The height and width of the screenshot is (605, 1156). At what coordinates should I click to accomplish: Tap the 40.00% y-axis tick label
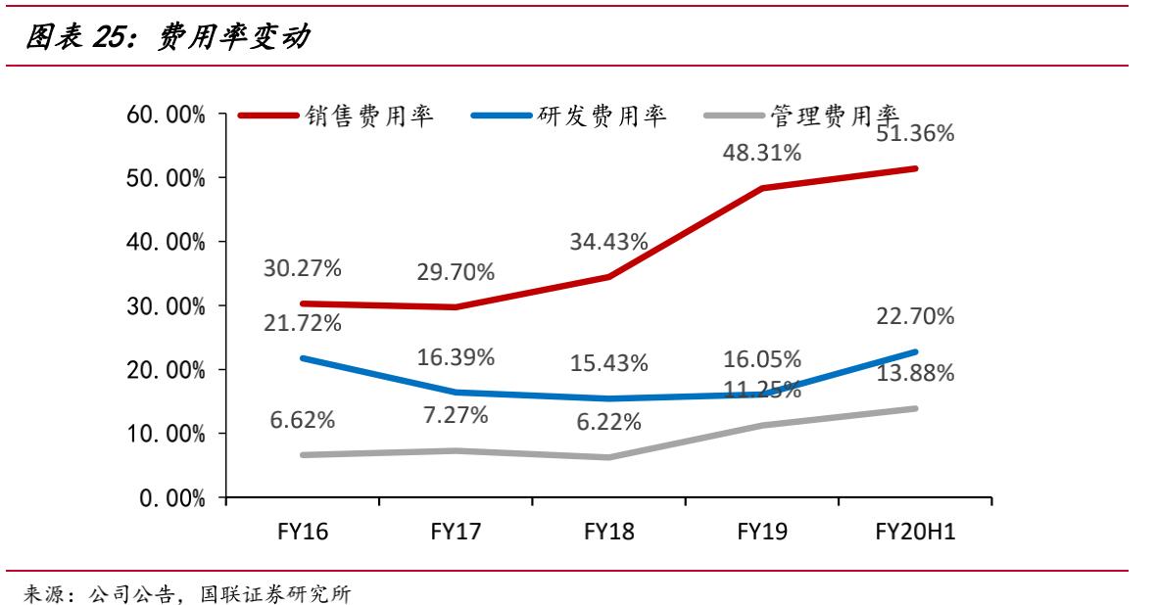(x=166, y=242)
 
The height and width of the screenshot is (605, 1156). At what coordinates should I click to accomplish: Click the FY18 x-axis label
(x=609, y=533)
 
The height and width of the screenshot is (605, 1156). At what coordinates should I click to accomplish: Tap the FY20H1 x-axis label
(x=915, y=533)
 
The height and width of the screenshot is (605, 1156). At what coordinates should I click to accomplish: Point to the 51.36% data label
(x=916, y=134)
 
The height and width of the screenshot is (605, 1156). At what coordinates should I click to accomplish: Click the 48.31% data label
(x=763, y=153)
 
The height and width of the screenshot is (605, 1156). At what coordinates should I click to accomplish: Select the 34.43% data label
(x=609, y=242)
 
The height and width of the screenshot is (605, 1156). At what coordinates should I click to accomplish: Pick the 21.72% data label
(x=302, y=322)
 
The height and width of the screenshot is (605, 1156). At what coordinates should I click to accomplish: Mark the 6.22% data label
(x=609, y=422)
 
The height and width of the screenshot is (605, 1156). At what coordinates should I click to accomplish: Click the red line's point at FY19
(x=763, y=188)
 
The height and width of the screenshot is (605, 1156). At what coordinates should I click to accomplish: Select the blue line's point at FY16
(x=303, y=358)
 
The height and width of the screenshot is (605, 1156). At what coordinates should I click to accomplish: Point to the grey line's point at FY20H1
(x=916, y=408)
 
